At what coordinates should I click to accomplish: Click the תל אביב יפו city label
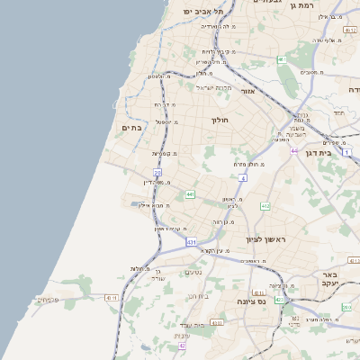195,11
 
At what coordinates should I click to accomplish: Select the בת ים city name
157,128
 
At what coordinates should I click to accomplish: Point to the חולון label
220,120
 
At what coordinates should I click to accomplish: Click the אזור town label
248,90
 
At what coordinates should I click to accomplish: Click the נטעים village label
193,273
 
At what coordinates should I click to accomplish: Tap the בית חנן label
199,295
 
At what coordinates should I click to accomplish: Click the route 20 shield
157,171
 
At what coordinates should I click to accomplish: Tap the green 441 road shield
190,193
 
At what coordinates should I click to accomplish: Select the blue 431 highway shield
192,242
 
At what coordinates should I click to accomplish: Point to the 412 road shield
265,206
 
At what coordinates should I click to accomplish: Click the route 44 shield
293,150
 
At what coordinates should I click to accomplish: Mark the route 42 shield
182,345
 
